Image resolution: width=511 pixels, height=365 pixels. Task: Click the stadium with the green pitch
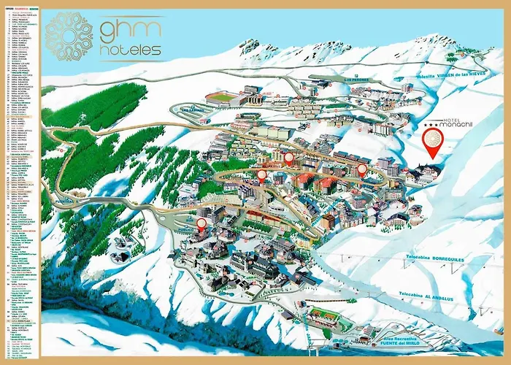(220, 97)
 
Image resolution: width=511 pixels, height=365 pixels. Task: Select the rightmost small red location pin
(361, 169)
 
